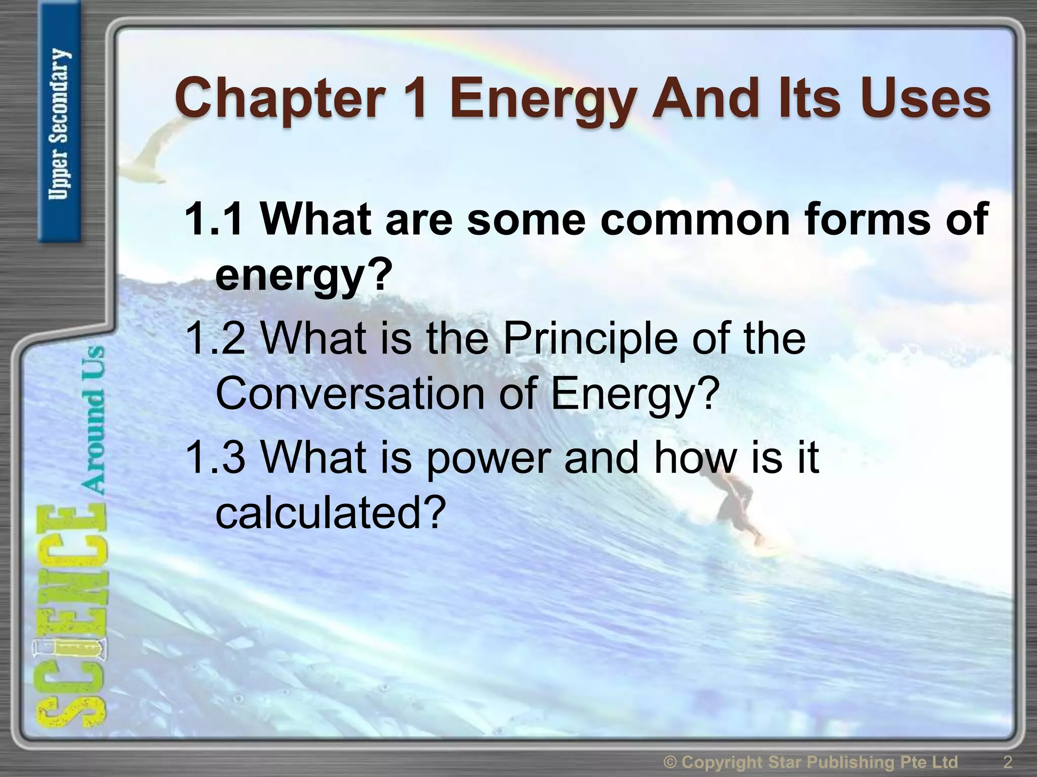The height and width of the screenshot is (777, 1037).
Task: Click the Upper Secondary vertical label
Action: (60, 124)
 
